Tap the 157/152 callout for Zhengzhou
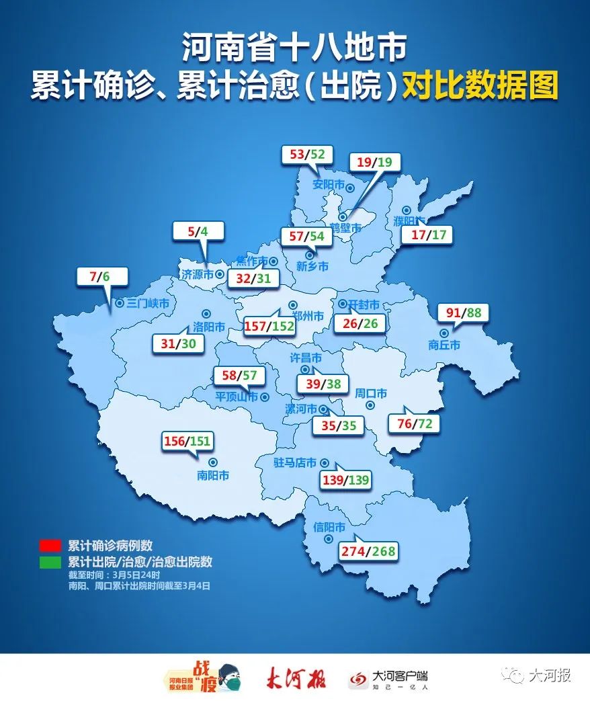(268, 325)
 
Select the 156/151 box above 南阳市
(189, 441)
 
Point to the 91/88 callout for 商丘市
(463, 313)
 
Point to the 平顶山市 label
(237, 397)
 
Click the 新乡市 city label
(313, 267)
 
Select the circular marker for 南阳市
(213, 462)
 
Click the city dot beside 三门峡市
(120, 303)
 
